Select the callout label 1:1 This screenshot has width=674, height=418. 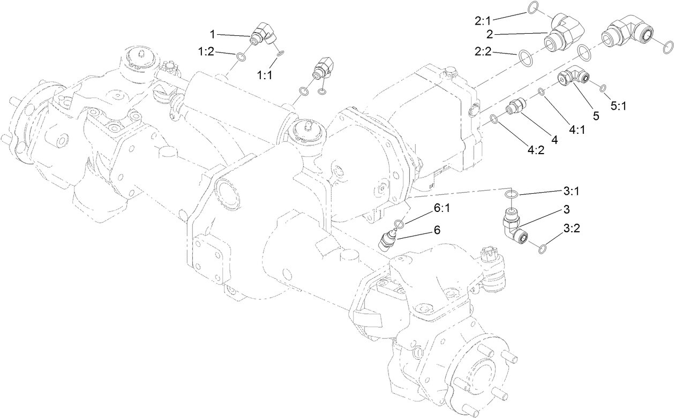tap(265, 75)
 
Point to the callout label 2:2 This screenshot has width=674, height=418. tap(485, 52)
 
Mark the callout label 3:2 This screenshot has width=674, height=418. tap(571, 229)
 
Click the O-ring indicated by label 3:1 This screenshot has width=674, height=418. tap(512, 193)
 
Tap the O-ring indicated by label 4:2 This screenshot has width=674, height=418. tap(494, 119)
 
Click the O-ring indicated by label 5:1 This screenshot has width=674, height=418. tap(603, 88)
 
